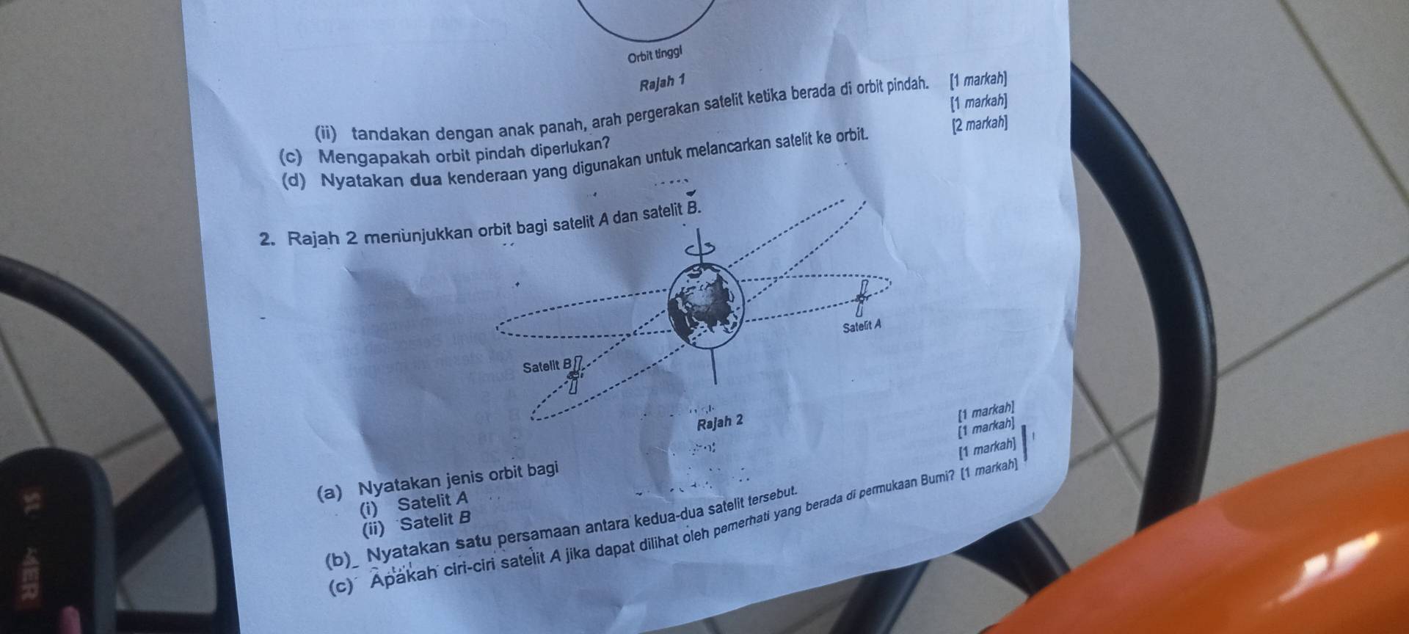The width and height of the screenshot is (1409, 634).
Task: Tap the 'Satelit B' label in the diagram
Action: (547, 366)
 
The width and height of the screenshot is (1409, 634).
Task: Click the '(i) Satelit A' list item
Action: (414, 503)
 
